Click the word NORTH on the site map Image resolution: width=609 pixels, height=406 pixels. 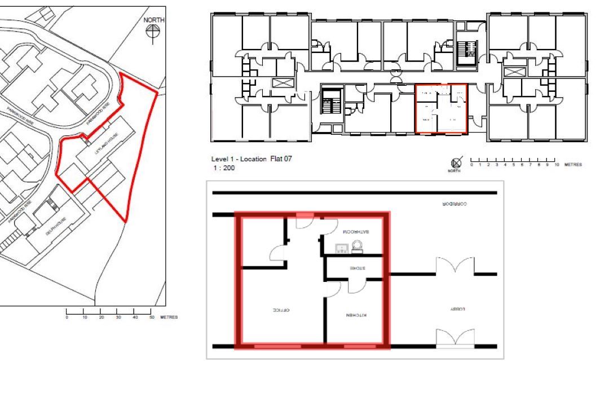[x=154, y=20]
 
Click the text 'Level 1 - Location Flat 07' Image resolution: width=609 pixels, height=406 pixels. [x=251, y=160]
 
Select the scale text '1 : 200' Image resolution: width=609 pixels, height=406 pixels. [x=223, y=168]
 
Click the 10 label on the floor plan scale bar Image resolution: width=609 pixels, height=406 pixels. [x=556, y=166]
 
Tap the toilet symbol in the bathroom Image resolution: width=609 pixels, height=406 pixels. [x=357, y=246]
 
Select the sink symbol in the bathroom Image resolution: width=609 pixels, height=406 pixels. [x=342, y=248]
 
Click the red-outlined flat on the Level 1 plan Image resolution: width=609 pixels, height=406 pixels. [x=441, y=109]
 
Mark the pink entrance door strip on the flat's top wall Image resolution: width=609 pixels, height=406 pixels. [x=305, y=215]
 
